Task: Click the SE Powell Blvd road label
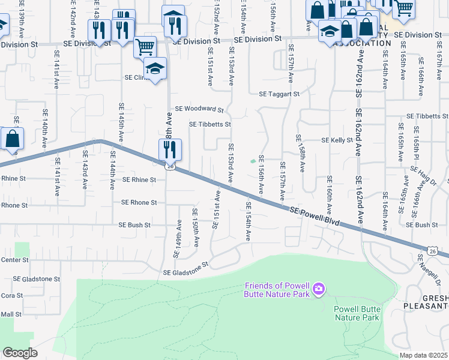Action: [314, 217]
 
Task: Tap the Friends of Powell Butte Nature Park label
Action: [277, 289]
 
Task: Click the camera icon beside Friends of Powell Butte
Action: [319, 290]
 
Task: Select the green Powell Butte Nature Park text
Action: [357, 313]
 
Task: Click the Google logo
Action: [20, 353]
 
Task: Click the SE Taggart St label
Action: [279, 94]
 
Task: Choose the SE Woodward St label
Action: [199, 110]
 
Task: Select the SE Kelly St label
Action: [337, 140]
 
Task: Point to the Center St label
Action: [14, 260]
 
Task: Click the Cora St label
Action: [11, 295]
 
